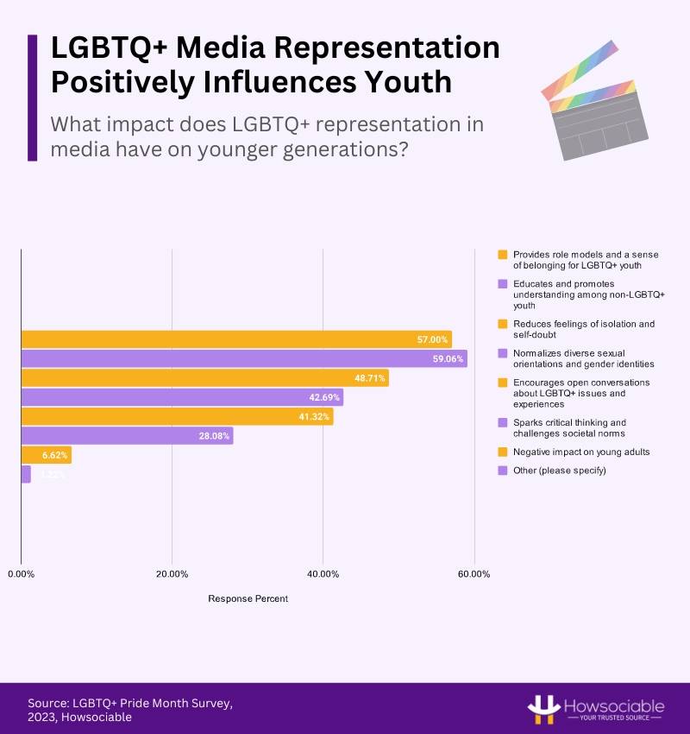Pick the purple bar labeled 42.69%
pos(182,397)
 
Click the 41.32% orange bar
pos(177,417)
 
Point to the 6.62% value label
pos(55,455)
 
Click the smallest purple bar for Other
pos(26,474)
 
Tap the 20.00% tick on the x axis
pos(172,573)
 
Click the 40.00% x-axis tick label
pos(323,573)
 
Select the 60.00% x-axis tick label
pos(474,573)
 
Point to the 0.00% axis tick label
pos(21,573)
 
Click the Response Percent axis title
pos(248,598)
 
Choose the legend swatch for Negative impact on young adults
pos(502,451)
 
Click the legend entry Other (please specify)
pos(559,470)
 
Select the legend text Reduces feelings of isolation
pos(583,328)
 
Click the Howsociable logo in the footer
pos(595,708)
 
